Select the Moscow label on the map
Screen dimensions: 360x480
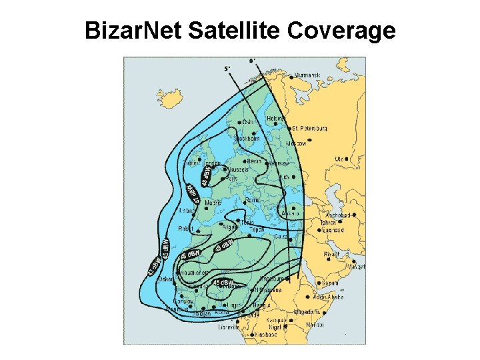coord(296,143)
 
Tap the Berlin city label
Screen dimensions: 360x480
coord(253,161)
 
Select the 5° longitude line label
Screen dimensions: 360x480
coord(226,68)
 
